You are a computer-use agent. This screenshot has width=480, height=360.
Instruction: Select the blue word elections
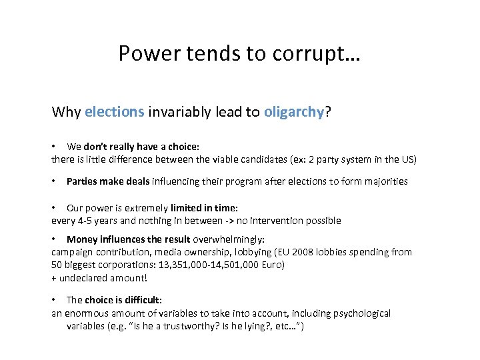click(x=115, y=112)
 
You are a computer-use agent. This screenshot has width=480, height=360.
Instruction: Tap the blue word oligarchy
click(x=294, y=112)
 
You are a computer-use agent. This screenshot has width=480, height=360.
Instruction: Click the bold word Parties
click(x=82, y=181)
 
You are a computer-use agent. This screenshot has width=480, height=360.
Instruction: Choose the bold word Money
click(x=82, y=239)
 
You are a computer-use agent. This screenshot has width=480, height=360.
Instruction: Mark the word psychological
click(x=358, y=313)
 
